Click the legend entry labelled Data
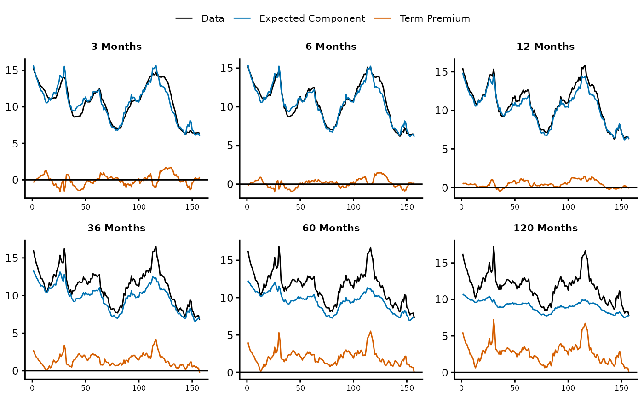pos(213,19)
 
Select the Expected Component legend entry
pos(312,19)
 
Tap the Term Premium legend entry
pos(435,19)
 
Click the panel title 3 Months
pos(116,47)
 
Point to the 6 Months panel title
pos(331,47)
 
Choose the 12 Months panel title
pos(546,47)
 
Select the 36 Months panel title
pos(116,228)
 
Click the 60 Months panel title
pos(331,228)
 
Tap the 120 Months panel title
pos(546,228)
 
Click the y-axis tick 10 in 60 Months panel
pos(228,298)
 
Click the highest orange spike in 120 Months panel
pos(494,319)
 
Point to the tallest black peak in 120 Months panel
pos(494,246)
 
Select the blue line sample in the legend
pos(243,19)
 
